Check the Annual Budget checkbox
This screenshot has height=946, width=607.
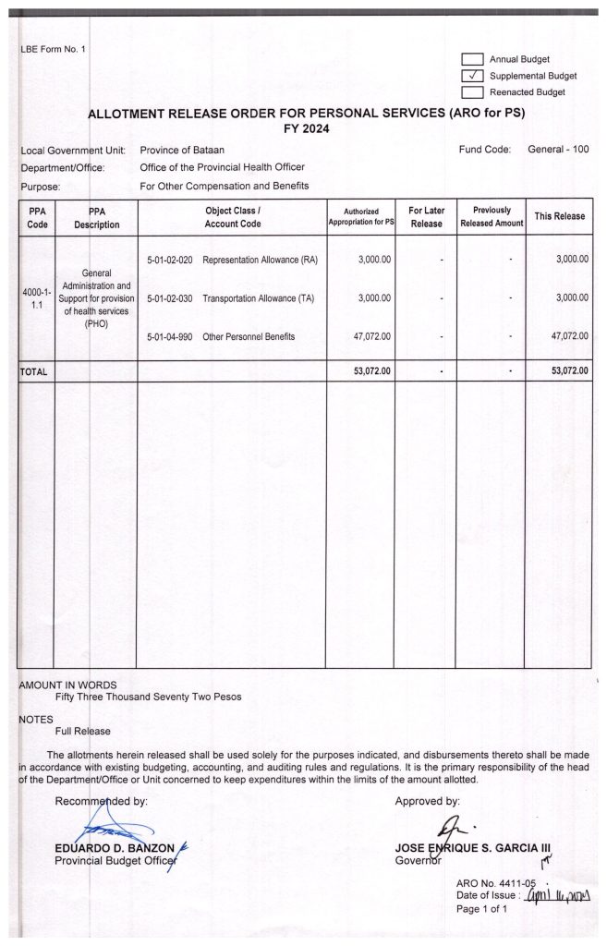coord(472,59)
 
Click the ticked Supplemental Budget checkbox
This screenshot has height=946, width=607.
coord(472,76)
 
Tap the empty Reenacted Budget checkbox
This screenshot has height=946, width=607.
coord(472,91)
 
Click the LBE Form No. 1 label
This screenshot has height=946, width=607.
coord(52,48)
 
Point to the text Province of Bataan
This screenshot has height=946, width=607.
coord(182,150)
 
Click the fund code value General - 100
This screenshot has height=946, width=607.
coord(558,150)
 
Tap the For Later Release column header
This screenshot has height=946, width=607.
coord(425,217)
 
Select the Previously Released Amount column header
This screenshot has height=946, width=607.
coord(491,217)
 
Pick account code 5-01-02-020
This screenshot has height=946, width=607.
coord(170,260)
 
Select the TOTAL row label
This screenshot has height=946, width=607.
coord(34,371)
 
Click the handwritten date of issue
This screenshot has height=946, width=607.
coord(557,896)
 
